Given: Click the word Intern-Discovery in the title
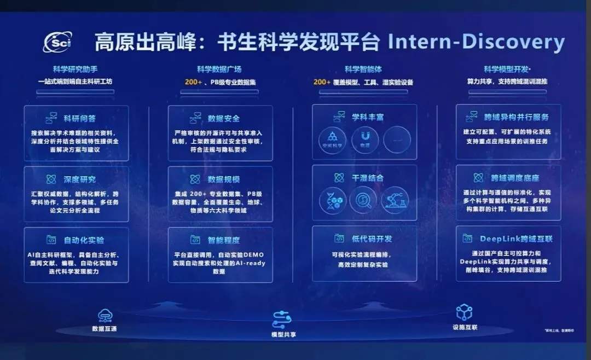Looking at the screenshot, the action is [476, 42].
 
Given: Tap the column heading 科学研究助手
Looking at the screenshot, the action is [75, 69].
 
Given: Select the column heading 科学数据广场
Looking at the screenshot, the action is [219, 69].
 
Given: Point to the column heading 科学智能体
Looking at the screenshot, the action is [363, 69].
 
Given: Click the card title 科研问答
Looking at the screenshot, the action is [80, 118].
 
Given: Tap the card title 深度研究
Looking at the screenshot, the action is [80, 179].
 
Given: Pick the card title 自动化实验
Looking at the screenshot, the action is [84, 240].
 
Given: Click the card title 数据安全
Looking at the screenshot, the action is [224, 118].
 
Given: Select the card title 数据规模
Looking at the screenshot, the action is [224, 179].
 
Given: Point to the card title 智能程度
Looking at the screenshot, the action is [224, 240].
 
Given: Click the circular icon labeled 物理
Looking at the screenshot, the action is [365, 140].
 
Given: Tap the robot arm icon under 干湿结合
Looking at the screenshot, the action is [395, 201].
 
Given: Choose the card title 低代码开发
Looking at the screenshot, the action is [372, 239].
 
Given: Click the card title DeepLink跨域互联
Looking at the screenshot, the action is [516, 239].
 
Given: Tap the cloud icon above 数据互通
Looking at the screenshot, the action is [105, 316].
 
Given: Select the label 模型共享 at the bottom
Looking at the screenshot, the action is [283, 334].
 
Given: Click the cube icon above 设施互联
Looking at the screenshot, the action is [465, 312].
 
